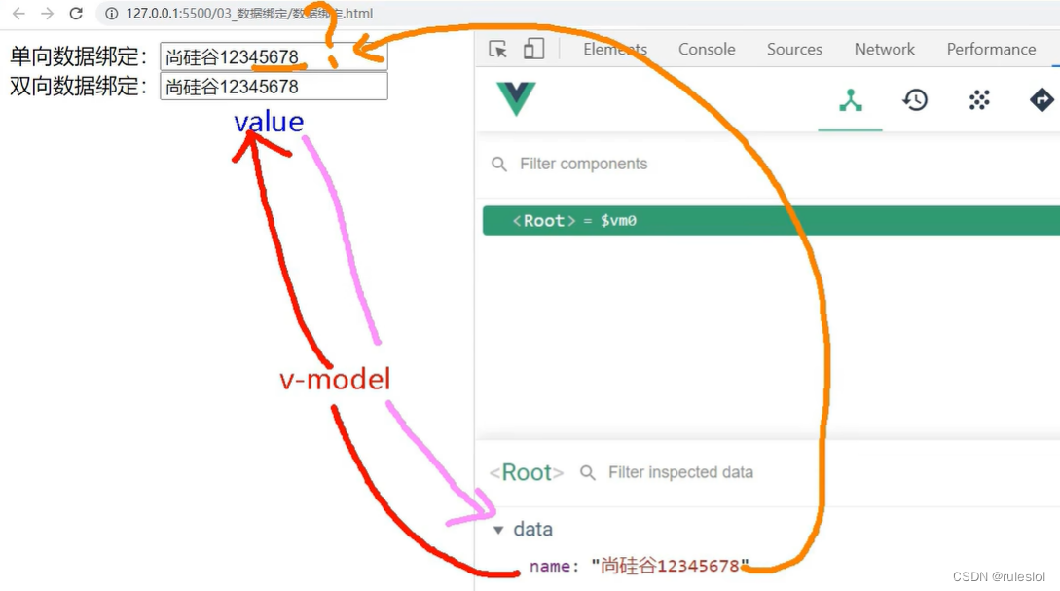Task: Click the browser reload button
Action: click(x=76, y=14)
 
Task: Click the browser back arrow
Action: click(x=18, y=14)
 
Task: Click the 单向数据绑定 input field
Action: click(x=273, y=56)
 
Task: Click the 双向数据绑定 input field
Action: click(x=273, y=87)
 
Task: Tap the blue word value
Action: click(x=269, y=122)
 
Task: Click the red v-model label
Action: click(x=335, y=379)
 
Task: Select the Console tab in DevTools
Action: click(x=707, y=49)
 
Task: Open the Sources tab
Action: click(x=794, y=49)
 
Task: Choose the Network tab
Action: click(x=885, y=49)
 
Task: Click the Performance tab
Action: click(x=991, y=49)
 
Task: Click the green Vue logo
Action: click(x=516, y=98)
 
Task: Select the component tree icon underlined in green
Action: click(x=851, y=99)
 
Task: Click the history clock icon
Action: click(x=915, y=99)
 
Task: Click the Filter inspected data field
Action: click(x=680, y=472)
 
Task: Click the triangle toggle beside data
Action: click(x=498, y=531)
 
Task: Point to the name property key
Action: click(x=548, y=566)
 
